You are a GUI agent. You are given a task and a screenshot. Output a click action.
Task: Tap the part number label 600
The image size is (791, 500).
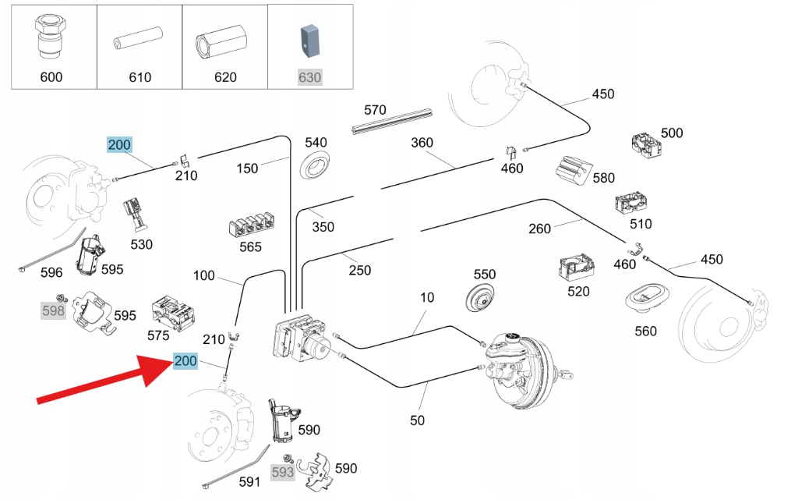51,77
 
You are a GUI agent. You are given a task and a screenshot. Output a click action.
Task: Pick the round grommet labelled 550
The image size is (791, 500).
484,300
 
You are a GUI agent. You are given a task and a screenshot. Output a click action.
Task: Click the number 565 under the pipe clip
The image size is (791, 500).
250,247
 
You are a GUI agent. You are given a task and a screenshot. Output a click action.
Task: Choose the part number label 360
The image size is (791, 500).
421,144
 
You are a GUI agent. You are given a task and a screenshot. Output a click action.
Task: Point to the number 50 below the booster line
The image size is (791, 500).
417,420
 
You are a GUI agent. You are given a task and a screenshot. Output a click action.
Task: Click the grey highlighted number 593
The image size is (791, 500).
282,473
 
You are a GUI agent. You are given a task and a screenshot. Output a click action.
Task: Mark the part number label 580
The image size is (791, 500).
603,179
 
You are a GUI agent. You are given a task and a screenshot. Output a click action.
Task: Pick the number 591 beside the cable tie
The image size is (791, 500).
249,482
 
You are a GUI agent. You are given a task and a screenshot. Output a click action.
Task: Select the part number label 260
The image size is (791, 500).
539,229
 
